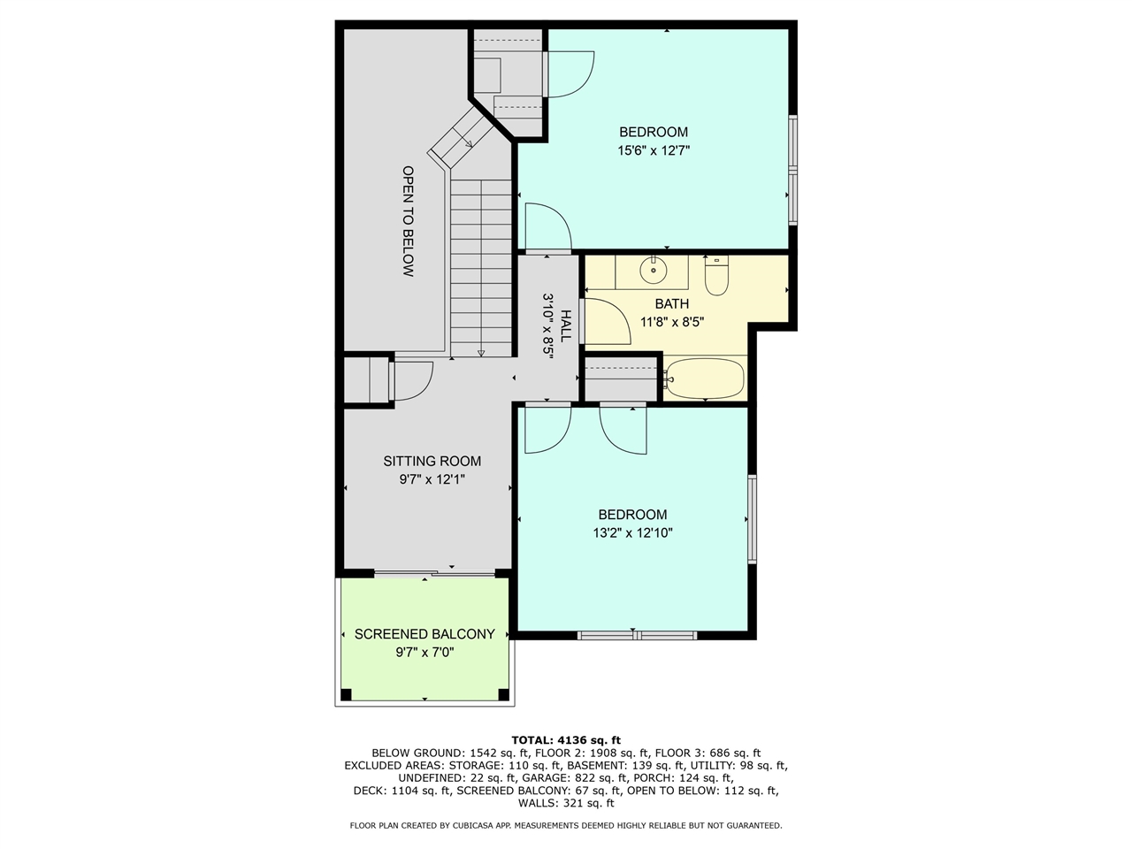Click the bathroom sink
653,270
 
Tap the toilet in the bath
716,276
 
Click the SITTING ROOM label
432,461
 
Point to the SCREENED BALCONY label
424,633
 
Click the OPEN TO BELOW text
408,221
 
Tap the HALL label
565,325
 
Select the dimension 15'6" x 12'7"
654,150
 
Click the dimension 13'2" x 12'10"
632,532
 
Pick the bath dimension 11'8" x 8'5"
672,322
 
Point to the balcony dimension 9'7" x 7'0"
424,652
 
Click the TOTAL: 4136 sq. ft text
566,740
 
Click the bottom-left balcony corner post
346,694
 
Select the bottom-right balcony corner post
503,694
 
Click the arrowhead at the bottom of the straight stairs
480,353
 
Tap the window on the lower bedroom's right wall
752,518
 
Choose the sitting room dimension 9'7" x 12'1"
432,479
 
